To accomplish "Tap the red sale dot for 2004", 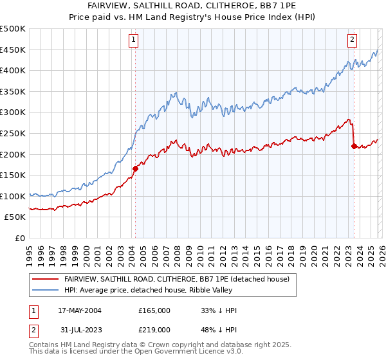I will tap(135, 169).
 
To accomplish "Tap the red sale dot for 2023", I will tap(353, 146).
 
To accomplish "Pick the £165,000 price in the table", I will tap(154, 310).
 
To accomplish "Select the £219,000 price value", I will tap(154, 329).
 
